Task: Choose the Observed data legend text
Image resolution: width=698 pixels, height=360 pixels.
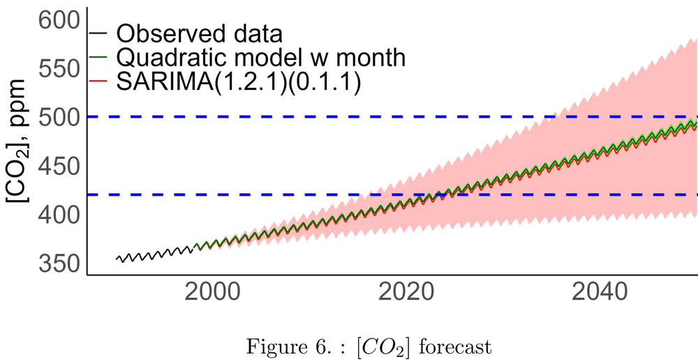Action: tap(199, 33)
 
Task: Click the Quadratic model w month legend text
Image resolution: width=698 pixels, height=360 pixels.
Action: tap(260, 57)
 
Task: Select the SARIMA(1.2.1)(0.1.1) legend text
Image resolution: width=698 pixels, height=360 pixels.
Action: tap(238, 82)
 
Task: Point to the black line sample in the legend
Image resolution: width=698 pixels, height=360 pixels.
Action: tap(98, 33)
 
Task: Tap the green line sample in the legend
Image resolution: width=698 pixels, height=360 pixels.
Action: tap(98, 57)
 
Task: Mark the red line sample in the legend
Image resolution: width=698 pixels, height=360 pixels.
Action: tap(98, 82)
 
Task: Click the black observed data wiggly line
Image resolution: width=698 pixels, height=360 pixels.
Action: tap(154, 253)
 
